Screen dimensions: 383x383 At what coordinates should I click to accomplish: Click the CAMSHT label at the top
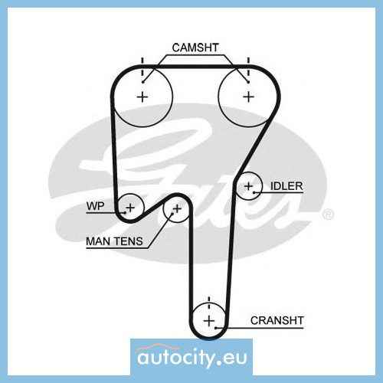pos(195,47)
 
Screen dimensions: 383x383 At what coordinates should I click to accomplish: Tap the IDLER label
pos(286,186)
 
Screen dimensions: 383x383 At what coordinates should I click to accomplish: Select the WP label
pos(95,206)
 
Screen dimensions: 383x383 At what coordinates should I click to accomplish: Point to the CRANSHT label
pos(277,320)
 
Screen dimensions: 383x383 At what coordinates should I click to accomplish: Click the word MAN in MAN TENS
pos(98,241)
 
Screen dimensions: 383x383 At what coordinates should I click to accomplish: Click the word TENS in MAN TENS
pos(129,241)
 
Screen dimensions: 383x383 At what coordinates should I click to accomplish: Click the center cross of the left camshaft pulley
pos(142,97)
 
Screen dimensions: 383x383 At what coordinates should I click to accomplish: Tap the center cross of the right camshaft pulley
pos(249,97)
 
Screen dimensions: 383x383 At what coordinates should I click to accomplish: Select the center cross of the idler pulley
pos(248,186)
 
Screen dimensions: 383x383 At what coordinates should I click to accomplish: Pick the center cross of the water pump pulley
pos(130,208)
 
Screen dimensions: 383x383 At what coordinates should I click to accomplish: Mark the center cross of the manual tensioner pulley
pos(177,209)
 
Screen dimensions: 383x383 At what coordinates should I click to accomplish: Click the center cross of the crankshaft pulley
pos(209,321)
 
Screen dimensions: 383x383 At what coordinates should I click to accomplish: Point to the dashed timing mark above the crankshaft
pos(209,303)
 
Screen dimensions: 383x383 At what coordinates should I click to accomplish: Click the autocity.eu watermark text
pos(192,357)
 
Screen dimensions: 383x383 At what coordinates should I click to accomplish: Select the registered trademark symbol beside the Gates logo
pos(329,214)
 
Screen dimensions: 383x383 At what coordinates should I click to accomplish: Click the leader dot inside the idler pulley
pos(254,192)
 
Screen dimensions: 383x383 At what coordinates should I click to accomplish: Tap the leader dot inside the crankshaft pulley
pos(216,328)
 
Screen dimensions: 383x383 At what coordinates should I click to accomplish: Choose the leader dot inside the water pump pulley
pos(125,212)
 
